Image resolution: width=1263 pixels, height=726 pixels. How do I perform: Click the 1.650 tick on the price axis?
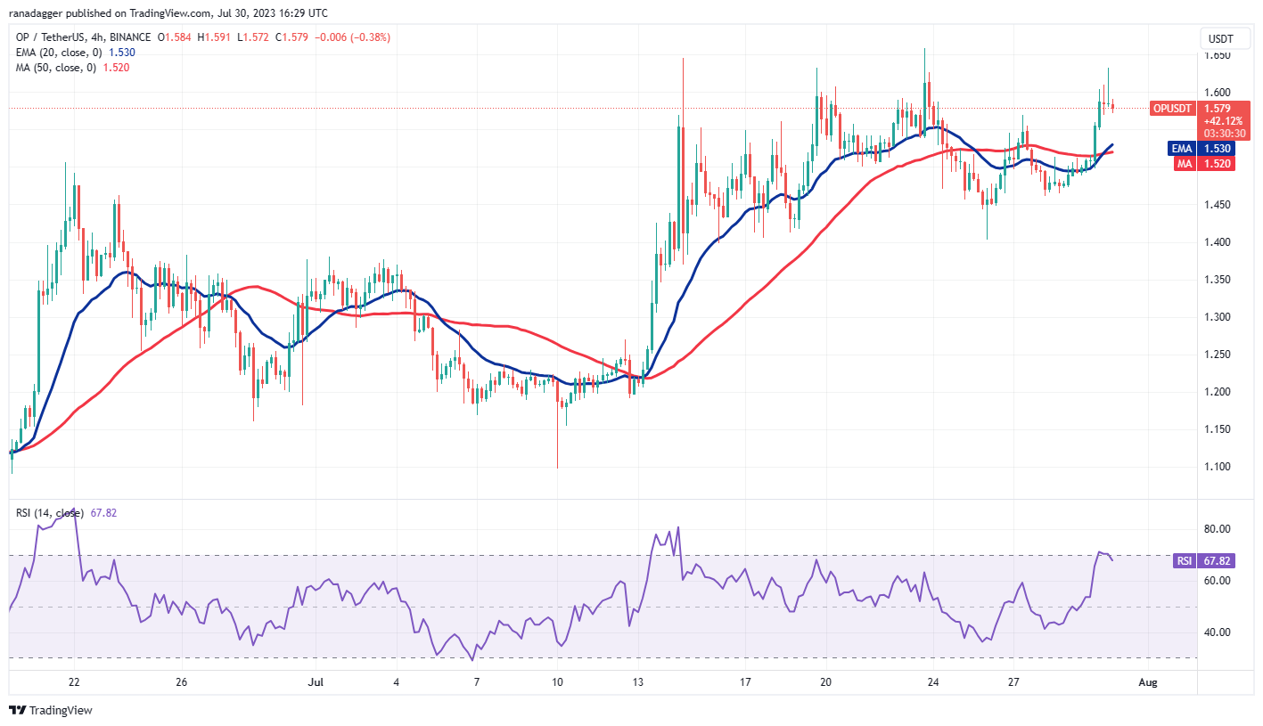1218,55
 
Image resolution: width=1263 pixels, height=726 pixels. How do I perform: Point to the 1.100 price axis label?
1218,467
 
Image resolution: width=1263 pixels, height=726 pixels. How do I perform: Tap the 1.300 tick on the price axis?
1218,317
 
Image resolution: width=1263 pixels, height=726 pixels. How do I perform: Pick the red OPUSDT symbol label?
1171,108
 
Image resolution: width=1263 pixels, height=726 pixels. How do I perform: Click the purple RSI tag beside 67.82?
1182,561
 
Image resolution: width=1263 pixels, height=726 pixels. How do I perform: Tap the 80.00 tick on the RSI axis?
1218,529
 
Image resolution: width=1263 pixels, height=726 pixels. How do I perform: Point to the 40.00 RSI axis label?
1218,632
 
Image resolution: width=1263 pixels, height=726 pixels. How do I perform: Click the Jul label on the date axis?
314,683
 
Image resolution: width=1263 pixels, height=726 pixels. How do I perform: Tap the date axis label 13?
637,683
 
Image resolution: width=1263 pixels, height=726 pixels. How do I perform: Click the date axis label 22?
74,683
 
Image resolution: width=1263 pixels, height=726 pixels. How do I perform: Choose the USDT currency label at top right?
1220,38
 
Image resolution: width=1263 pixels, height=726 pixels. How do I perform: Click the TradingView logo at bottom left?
51,710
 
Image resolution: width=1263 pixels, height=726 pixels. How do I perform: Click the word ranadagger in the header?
37,13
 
